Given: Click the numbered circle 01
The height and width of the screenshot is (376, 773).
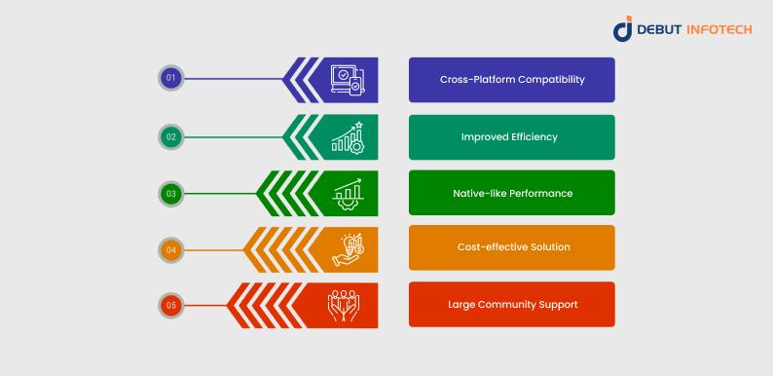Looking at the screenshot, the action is coord(171,78).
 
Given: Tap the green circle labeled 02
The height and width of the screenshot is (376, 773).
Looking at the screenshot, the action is coord(171,136).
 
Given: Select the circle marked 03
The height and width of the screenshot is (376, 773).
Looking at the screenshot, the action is coord(171,194).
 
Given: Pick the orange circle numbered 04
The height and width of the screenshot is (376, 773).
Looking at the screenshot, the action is coord(171,249).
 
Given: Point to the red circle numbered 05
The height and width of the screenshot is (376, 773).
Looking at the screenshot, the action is coord(171,306).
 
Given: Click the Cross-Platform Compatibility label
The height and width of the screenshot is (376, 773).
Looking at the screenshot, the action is coord(512,80).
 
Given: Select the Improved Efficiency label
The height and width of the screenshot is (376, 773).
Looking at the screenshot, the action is coord(509,136).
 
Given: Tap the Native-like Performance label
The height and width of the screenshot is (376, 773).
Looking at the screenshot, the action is coord(513,193).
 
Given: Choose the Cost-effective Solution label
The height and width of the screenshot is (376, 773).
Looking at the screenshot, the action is coord(514,246).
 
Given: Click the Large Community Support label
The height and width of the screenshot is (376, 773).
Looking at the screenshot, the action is coord(513,305).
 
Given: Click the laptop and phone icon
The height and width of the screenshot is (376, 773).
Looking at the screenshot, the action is coord(348,80).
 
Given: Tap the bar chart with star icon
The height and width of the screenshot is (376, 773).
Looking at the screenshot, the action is coord(348,137).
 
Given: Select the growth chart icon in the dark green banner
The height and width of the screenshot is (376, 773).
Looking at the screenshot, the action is coord(348,194).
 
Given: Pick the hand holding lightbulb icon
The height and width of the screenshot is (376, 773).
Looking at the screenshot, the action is coord(348,250).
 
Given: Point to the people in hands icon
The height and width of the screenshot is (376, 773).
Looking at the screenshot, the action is coord(344,306).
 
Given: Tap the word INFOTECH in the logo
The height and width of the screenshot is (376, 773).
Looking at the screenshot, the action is coord(718,30).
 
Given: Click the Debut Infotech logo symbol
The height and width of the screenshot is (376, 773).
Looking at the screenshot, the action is coord(623,28).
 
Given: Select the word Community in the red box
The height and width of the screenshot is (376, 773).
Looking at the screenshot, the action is coord(513,305).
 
